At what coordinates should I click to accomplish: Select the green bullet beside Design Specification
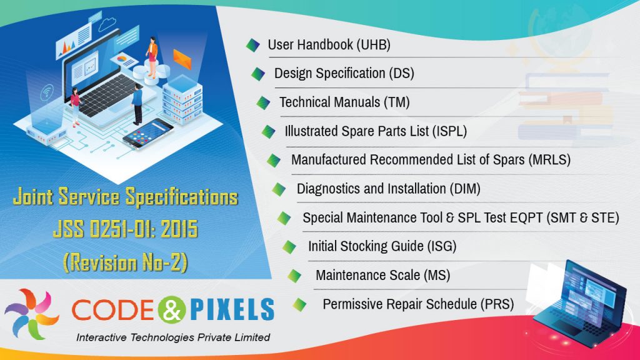(257, 74)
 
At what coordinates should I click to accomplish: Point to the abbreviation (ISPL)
(447, 131)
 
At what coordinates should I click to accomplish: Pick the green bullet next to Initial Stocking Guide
(289, 247)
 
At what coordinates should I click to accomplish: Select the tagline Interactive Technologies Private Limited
(172, 337)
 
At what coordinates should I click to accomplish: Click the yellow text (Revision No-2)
(125, 262)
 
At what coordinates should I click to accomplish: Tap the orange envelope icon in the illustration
(181, 58)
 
